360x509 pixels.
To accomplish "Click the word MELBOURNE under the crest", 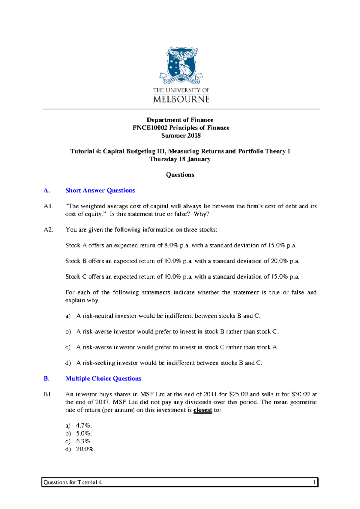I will [x=181, y=99].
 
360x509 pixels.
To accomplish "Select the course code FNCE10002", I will [x=150, y=128].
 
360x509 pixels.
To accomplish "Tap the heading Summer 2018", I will [x=181, y=135].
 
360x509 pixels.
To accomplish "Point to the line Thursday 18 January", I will [x=180, y=159].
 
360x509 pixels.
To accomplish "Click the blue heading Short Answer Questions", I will [x=100, y=190].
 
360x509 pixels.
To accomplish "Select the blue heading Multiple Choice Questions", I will [x=103, y=379].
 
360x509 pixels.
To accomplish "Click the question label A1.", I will [x=48, y=206].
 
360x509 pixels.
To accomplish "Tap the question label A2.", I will [x=48, y=230].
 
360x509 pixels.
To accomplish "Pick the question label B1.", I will [x=48, y=394].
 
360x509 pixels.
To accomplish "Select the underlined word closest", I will [x=203, y=410].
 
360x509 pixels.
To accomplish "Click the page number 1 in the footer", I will [x=314, y=482].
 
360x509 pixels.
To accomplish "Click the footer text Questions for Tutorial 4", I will [x=73, y=482].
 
